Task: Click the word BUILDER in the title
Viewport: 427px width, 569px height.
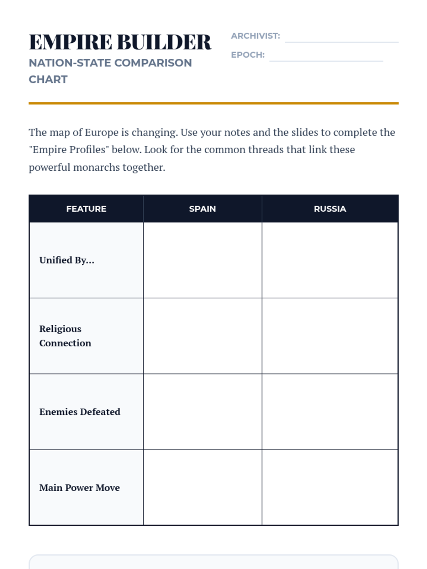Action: coord(164,42)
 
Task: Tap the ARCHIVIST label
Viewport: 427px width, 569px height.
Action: coord(255,36)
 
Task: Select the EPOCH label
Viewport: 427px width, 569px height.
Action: coord(248,55)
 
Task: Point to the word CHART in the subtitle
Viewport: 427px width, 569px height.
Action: coord(48,79)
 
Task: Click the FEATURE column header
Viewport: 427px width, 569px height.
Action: coord(86,209)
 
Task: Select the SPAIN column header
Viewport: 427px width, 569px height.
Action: coord(202,209)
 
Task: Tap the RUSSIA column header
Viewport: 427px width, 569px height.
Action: coord(330,209)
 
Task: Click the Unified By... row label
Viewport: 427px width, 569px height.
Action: coord(67,260)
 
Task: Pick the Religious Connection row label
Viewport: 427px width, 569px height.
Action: coord(65,336)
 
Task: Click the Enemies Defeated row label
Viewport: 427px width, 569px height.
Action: coord(80,412)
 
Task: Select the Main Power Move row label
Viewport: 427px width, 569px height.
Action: coord(79,488)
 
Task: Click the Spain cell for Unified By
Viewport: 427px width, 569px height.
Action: coord(202,260)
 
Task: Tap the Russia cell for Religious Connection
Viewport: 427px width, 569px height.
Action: coord(330,336)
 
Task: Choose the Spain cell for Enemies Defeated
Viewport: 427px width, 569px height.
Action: coord(202,412)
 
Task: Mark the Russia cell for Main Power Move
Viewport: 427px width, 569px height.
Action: coord(330,488)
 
